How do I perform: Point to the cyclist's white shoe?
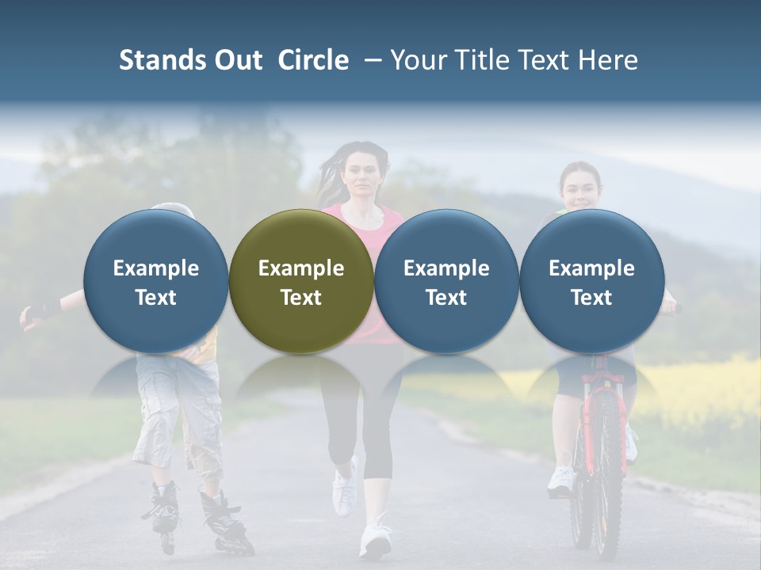561,480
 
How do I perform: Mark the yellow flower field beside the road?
698,388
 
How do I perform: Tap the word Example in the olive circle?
301,268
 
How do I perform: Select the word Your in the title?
416,60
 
